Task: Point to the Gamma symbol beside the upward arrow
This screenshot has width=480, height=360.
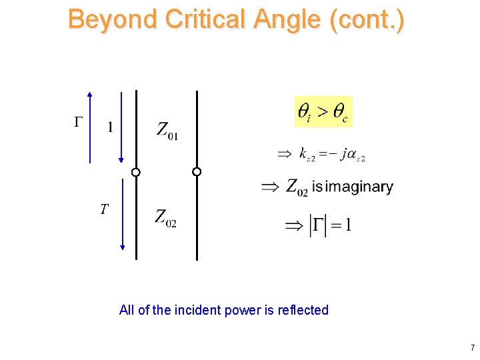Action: [x=77, y=122]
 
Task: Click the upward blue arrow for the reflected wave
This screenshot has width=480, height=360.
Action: [x=89, y=127]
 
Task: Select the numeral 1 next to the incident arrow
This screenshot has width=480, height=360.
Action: [x=111, y=127]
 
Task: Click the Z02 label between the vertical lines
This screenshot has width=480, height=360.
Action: [x=165, y=217]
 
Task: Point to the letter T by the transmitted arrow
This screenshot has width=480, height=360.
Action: [x=104, y=209]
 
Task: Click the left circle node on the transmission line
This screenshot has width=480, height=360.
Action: [x=136, y=173]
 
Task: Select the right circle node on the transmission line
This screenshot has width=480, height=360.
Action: [x=197, y=173]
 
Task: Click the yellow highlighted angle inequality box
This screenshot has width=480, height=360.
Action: [x=323, y=111]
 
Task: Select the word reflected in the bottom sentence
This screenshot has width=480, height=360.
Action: [x=304, y=310]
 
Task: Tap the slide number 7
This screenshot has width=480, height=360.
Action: [x=472, y=347]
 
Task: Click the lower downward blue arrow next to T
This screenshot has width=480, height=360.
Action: [x=123, y=213]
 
